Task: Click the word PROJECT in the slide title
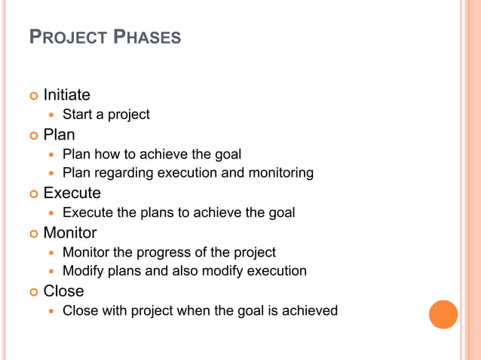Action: (x=66, y=36)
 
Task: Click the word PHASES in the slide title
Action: (x=147, y=36)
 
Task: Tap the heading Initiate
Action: (x=66, y=95)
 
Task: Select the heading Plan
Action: (x=59, y=135)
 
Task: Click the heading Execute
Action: (x=72, y=194)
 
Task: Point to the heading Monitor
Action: (x=70, y=233)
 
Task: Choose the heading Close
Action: (x=63, y=291)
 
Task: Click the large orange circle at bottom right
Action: (x=443, y=314)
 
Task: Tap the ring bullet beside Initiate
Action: (x=33, y=96)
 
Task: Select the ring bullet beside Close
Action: (x=33, y=291)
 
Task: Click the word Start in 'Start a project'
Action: (x=77, y=114)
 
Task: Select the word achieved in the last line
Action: (x=309, y=310)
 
